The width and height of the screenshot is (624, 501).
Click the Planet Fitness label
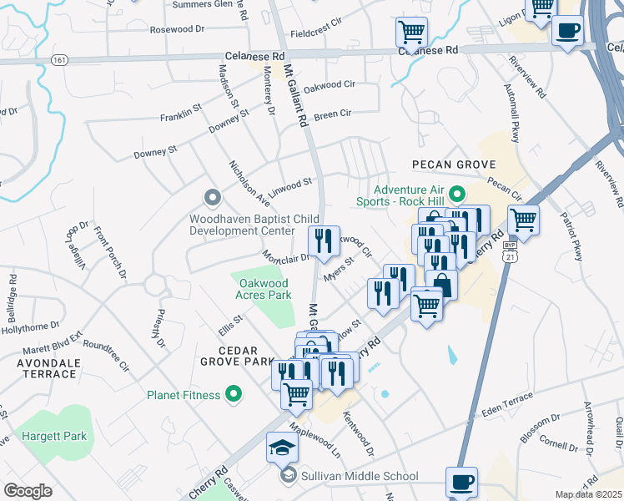(184, 395)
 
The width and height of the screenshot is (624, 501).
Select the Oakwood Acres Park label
(259, 288)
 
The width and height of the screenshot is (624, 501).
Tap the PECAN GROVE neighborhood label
(449, 164)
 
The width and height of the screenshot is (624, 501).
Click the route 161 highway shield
(58, 60)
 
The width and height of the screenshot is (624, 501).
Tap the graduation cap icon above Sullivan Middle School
(282, 448)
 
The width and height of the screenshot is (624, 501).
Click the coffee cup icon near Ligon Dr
(567, 31)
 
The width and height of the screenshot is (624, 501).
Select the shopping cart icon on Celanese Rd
(411, 33)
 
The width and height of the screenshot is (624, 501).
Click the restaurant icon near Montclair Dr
(324, 240)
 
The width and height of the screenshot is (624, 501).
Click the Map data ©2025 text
(589, 494)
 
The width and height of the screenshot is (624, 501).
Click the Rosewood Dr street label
(177, 29)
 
